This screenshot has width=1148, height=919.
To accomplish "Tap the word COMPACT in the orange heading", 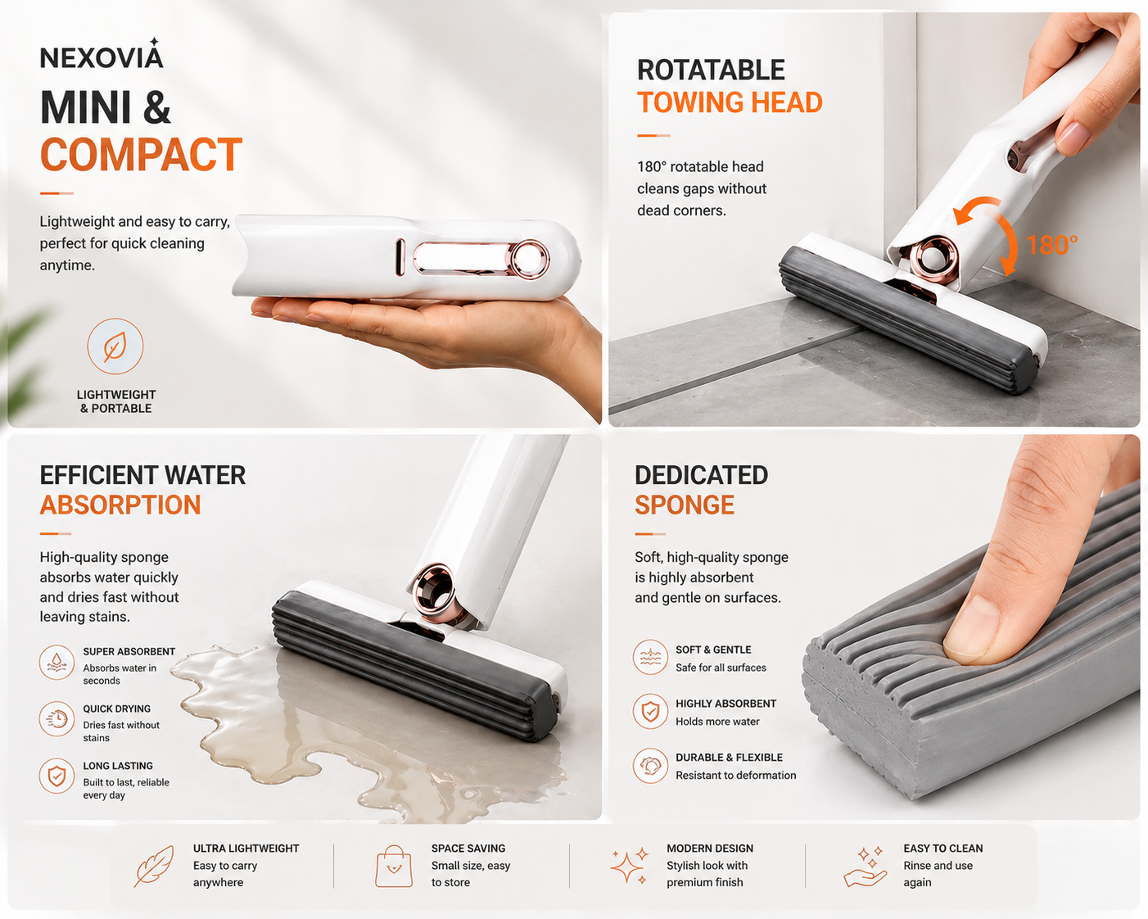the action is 142,155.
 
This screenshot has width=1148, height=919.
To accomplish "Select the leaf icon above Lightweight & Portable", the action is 115,346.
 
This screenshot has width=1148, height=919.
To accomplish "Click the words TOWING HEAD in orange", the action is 730,102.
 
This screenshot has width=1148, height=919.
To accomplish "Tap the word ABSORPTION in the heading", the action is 120,505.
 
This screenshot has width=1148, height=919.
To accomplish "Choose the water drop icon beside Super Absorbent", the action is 56,663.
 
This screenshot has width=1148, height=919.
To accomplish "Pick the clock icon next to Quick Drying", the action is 56,719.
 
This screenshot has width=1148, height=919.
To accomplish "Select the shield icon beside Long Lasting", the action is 56,776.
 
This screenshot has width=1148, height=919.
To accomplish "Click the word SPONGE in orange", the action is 685,505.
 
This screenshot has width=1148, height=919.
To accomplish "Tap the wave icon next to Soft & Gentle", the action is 650,657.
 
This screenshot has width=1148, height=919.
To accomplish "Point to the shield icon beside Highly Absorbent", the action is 650,711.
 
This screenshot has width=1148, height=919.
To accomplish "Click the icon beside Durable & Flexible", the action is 650,765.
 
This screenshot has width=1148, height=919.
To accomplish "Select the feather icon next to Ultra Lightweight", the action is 155,866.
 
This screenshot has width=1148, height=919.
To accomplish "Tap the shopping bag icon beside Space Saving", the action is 394,866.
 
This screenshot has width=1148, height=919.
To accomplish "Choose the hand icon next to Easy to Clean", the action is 865,867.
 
